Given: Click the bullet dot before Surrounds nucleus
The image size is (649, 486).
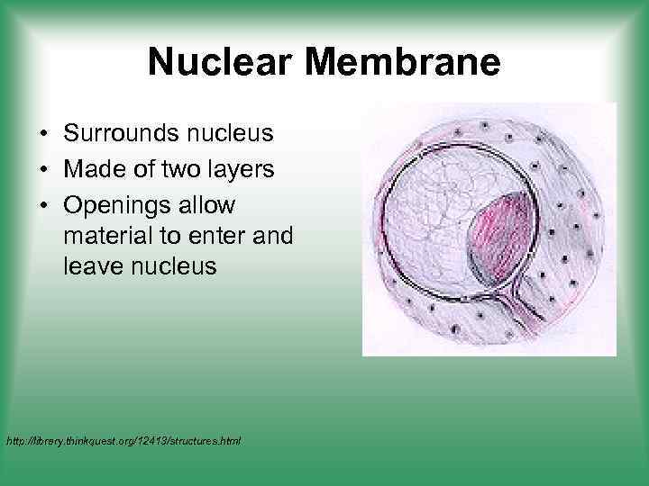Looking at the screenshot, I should [43, 135].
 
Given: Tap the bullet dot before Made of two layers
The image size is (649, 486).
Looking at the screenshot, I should [43, 171].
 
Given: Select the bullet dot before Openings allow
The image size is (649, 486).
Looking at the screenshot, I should [43, 207].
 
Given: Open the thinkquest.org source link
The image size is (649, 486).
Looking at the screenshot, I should [123, 441].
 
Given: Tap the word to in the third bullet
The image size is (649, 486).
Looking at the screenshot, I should [169, 238].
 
